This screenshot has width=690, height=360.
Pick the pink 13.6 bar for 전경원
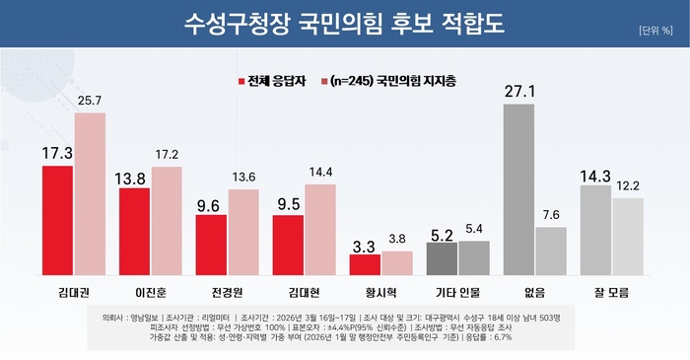coord(243,232)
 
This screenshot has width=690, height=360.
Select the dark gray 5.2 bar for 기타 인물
coord(442,258)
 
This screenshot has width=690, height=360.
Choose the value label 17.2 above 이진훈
coord(167,156)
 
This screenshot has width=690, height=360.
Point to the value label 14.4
coord(320,174)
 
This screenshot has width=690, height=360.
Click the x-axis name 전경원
coord(227,293)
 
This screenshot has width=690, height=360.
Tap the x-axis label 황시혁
coord(380,293)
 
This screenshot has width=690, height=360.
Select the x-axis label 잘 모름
coord(611,293)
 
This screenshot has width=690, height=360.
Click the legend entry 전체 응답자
coord(275,80)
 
